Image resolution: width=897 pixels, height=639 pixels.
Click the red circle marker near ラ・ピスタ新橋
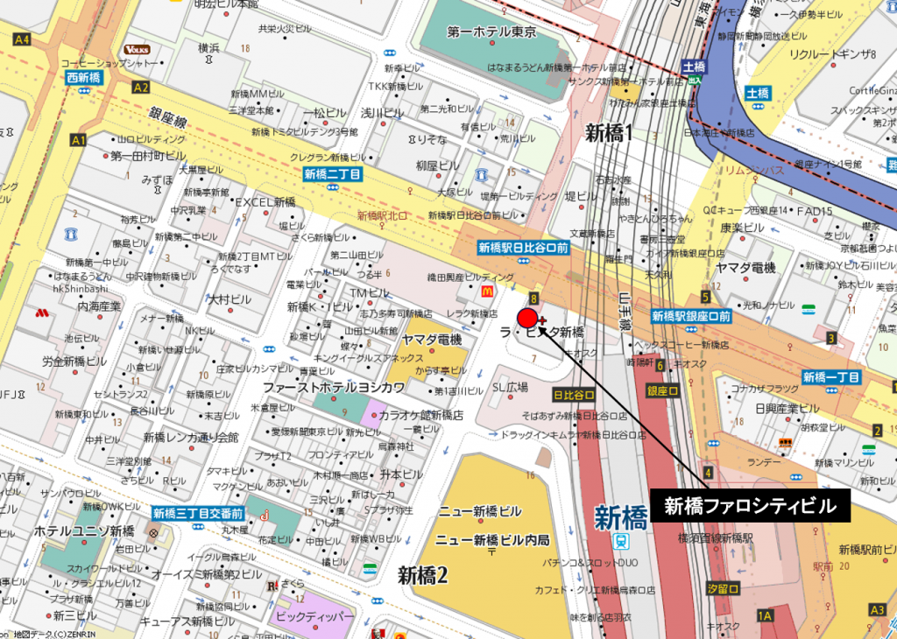tap(527, 319)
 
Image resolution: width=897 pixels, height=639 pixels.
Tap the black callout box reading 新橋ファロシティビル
tap(750, 506)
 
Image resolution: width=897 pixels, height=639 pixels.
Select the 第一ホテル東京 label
tap(491, 32)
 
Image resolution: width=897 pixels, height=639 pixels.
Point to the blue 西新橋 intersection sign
tap(84, 78)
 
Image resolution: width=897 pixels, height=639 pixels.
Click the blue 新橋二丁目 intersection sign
tap(333, 174)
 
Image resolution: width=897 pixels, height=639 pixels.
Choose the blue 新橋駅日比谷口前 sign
tap(524, 248)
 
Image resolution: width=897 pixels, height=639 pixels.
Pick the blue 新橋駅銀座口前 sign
tap(691, 316)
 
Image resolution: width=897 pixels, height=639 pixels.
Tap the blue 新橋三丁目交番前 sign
tap(197, 513)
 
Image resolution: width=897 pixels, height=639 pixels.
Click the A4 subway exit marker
tap(22, 39)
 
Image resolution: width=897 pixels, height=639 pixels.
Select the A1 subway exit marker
tap(79, 140)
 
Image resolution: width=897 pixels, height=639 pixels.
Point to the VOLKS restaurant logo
tap(136, 49)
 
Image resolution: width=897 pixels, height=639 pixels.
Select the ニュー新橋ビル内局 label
tap(492, 539)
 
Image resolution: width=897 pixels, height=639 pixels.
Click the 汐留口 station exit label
tap(723, 589)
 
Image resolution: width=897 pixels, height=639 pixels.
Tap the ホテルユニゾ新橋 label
tap(84, 531)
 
